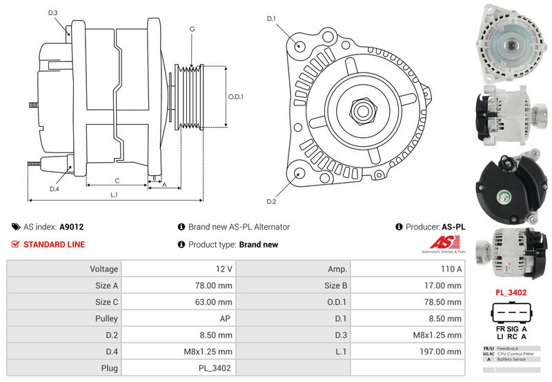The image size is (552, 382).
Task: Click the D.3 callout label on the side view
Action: click(53, 12)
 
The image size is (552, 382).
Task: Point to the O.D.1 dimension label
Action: click(236, 97)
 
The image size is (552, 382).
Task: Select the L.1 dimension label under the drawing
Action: click(114, 195)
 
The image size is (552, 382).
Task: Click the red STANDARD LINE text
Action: click(54, 245)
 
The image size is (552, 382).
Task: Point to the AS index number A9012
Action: click(72, 227)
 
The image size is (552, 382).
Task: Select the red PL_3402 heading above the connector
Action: click(511, 292)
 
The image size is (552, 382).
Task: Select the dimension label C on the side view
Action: click(117, 181)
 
